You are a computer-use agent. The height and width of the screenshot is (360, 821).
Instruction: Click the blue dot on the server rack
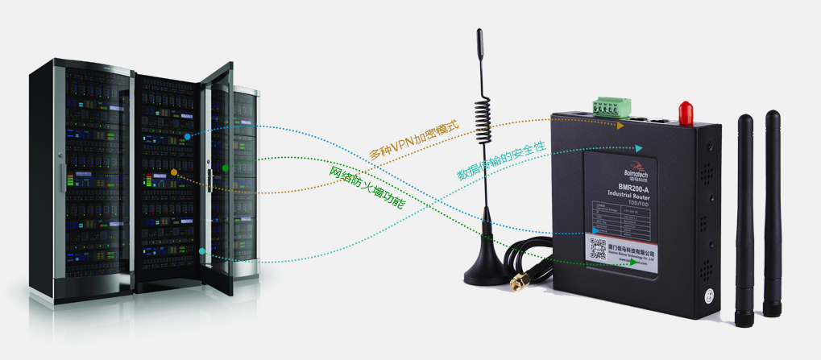pyautogui.click(x=187, y=137)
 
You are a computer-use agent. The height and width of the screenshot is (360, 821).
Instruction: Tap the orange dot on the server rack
pyautogui.click(x=174, y=172)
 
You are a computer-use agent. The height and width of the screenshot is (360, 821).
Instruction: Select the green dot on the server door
pyautogui.click(x=225, y=168)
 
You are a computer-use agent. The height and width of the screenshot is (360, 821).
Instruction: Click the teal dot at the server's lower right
pyautogui.click(x=201, y=251)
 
